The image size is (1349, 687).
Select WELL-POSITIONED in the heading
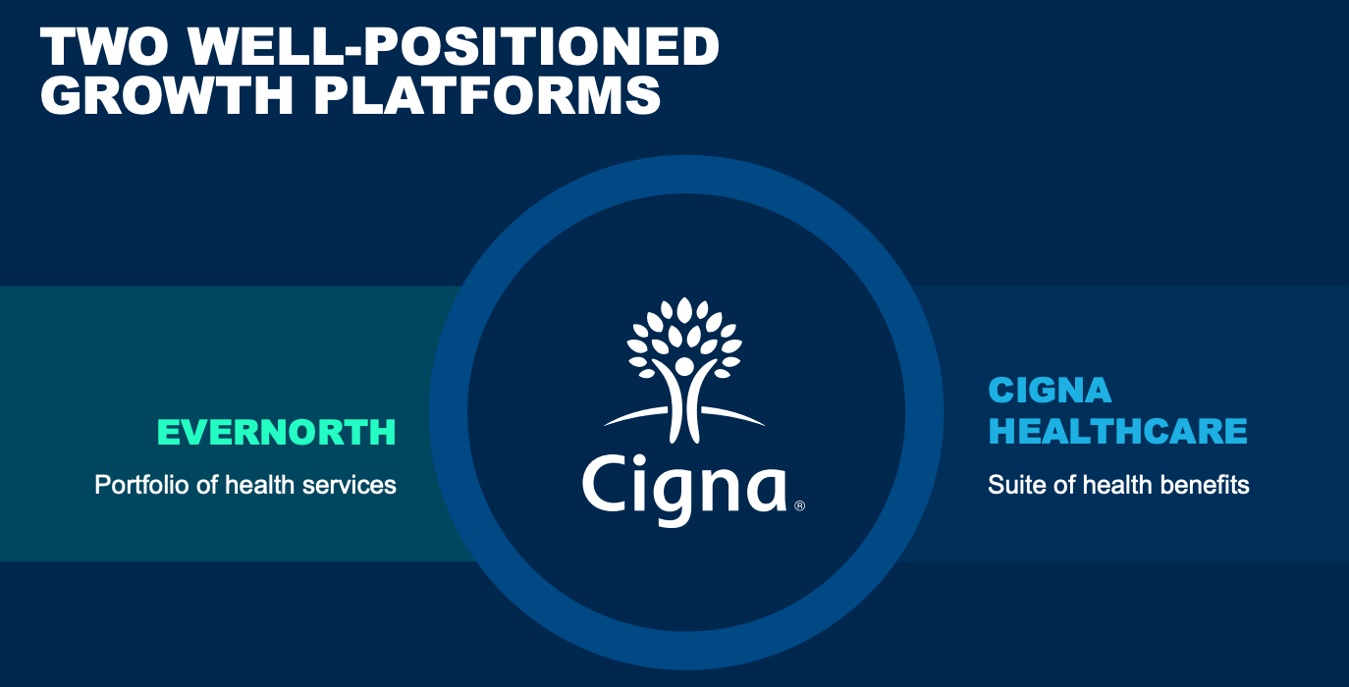click(454, 46)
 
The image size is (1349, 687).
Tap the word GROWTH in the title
click(167, 95)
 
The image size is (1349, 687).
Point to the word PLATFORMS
click(487, 95)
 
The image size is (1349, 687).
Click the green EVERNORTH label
click(277, 432)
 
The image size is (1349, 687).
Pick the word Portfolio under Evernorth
click(141, 485)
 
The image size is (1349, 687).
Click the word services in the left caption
click(350, 485)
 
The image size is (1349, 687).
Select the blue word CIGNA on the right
click(1050, 391)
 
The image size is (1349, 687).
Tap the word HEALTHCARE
click(1117, 431)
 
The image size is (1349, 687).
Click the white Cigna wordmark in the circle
click(684, 489)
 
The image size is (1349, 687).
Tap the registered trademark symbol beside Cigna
click(800, 505)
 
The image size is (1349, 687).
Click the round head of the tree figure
click(684, 365)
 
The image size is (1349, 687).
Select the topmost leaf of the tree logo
click(684, 309)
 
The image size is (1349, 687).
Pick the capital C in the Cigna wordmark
click(605, 484)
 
